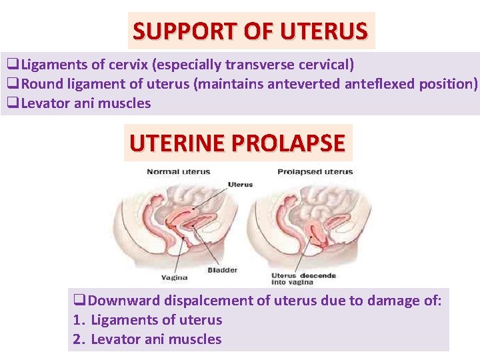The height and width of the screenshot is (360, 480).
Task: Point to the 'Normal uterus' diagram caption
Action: (179, 172)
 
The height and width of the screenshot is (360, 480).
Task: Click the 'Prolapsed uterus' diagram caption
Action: (315, 172)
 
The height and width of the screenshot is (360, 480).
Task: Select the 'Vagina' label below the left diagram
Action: (175, 277)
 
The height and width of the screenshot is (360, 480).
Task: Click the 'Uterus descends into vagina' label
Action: (303, 279)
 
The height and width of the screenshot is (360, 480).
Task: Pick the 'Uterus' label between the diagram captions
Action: (240, 184)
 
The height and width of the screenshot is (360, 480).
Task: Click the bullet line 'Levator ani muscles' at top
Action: (85, 103)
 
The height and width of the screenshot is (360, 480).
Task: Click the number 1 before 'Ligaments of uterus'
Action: (77, 320)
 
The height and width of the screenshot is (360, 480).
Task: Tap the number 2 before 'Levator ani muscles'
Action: (77, 339)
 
